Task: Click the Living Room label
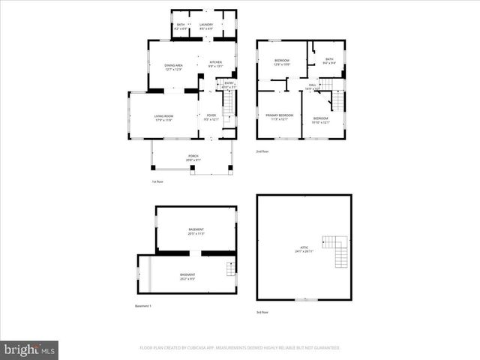point(164,117)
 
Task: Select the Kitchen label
point(215,63)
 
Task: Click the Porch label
point(193,158)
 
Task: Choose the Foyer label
point(211,117)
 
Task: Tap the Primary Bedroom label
point(279,116)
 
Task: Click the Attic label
point(304,249)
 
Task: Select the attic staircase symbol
point(335,251)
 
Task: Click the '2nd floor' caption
point(262,151)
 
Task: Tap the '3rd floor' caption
point(262,311)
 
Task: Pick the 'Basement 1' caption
point(143,306)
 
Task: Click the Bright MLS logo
point(30,349)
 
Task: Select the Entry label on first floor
point(229,85)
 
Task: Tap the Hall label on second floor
point(312,86)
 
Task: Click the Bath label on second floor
point(329,61)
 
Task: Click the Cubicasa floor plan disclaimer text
point(240,348)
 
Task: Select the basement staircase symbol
point(231,267)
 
